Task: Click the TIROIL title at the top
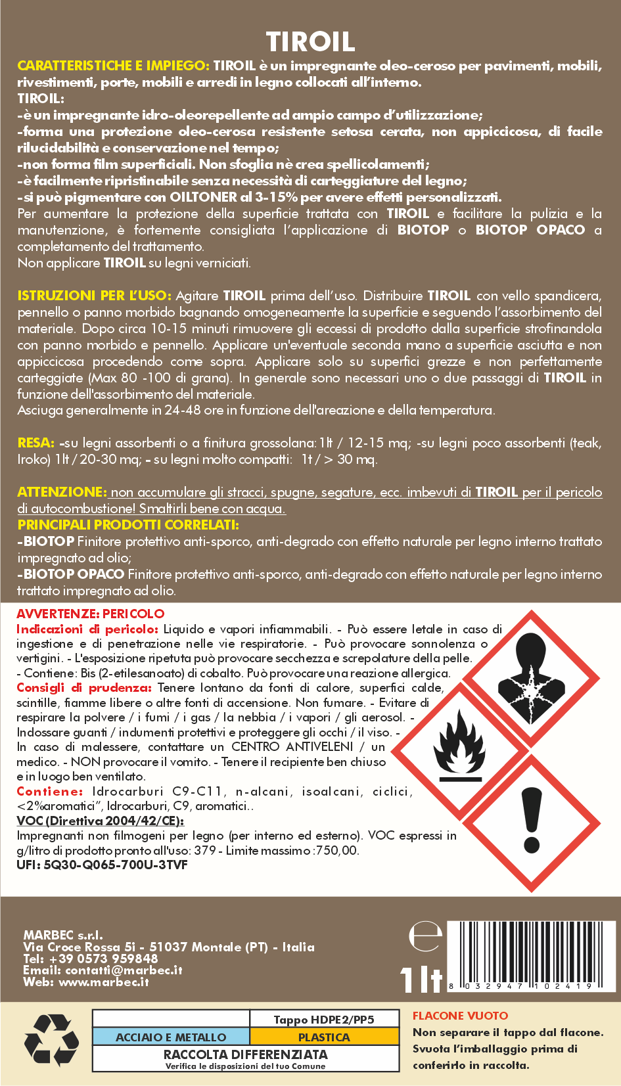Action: point(310,41)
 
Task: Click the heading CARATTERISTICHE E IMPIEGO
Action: point(113,66)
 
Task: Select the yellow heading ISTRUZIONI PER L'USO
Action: point(94,296)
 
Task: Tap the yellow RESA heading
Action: point(35,443)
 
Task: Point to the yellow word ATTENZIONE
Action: point(61,492)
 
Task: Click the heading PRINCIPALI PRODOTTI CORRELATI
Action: point(128,525)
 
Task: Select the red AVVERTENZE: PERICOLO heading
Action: point(91,614)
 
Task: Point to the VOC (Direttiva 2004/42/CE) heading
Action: point(100,821)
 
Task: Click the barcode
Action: point(529,954)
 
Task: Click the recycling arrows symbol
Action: point(51,1040)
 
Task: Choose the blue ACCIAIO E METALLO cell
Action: point(171,1037)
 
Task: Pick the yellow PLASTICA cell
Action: point(324,1037)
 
